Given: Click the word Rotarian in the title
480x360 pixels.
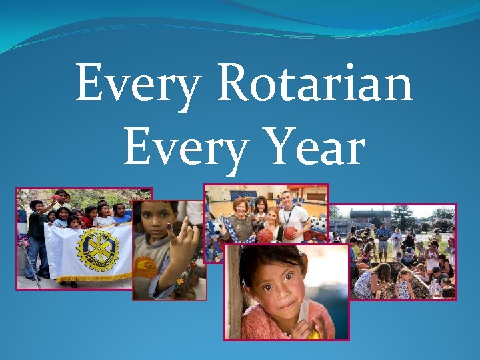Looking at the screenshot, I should pyautogui.click(x=314, y=83).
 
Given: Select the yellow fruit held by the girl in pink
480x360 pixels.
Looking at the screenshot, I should pyautogui.click(x=314, y=334).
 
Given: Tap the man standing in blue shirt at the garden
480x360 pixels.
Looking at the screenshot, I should pyautogui.click(x=383, y=240).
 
